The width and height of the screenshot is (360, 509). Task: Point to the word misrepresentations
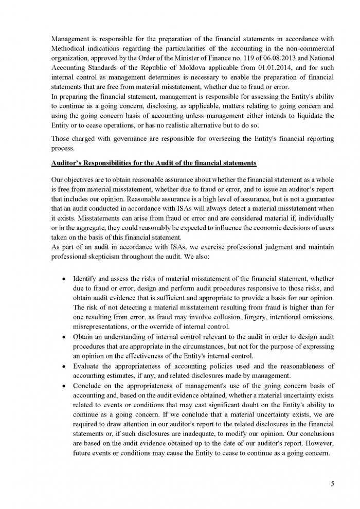[x=103, y=327]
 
